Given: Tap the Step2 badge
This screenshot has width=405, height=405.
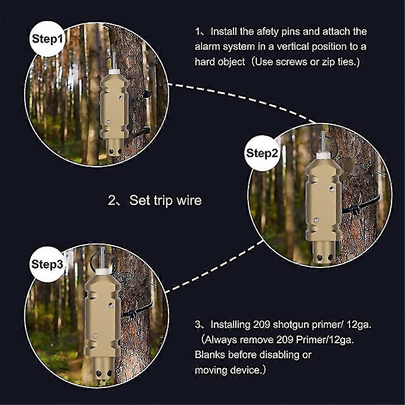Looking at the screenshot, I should coord(262,153).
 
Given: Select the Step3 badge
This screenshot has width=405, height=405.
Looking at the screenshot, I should coord(47,264).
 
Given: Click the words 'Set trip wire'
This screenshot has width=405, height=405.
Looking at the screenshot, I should coord(165,201).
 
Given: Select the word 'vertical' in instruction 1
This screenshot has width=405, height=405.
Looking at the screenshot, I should coord(295,47).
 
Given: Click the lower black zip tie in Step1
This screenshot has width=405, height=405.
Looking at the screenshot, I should coord(145,130).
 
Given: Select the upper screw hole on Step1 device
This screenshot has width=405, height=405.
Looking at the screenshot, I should coord(120,98).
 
